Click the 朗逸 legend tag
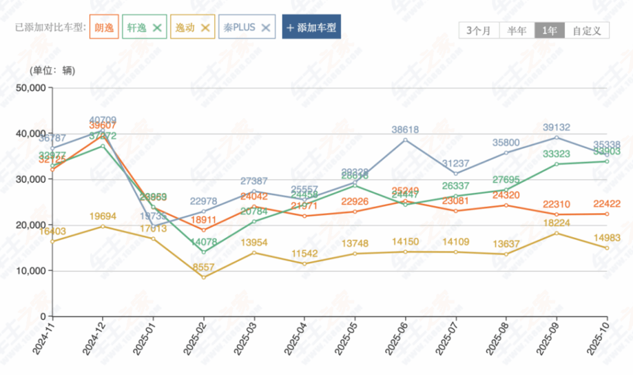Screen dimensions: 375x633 click(x=104, y=27)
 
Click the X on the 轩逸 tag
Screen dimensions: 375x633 click(x=157, y=27)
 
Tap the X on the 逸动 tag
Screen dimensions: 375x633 click(x=205, y=27)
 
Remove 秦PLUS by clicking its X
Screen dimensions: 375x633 click(x=266, y=27)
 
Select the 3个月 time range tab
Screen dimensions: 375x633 click(x=478, y=30)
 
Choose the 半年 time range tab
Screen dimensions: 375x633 click(x=517, y=30)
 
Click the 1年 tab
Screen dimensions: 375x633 click(x=550, y=30)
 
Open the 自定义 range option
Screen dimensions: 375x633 click(x=587, y=30)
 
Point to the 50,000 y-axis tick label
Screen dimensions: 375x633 click(x=30, y=88)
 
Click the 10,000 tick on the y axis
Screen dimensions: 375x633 click(x=30, y=271)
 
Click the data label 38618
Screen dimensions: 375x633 click(x=406, y=130)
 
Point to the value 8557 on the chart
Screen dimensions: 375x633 click(x=203, y=268)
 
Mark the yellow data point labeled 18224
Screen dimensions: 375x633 click(x=556, y=233)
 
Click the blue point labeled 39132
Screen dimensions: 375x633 click(x=556, y=137)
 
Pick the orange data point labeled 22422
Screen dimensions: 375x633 click(x=606, y=214)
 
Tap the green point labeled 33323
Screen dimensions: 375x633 click(x=556, y=164)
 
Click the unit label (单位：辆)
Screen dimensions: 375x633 click(x=53, y=70)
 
